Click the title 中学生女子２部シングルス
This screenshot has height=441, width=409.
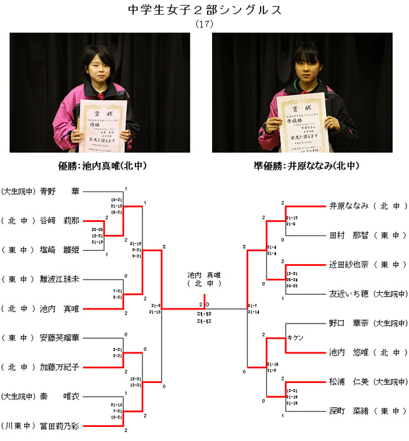tap(204, 10)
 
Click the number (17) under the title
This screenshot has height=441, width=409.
tap(204, 24)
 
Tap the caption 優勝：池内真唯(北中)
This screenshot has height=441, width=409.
tap(103, 165)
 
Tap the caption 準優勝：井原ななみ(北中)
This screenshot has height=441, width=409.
tap(305, 165)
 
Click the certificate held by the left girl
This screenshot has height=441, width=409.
tap(103, 121)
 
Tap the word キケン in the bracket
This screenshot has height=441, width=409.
tap(295, 337)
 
